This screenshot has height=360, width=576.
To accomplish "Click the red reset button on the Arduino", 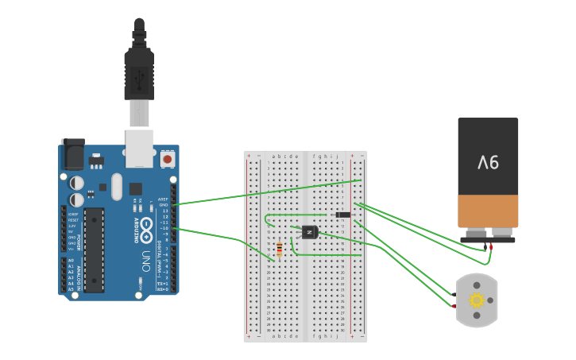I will tap(167, 160).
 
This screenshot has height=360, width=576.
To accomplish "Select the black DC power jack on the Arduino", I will tap(73, 153).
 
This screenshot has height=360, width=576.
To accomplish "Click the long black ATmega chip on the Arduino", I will tap(94, 250).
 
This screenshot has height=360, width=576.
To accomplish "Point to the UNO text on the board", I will tap(146, 261).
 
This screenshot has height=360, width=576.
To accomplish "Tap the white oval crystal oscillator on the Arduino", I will tap(117, 187).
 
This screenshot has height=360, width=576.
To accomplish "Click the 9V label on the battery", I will tap(488, 162).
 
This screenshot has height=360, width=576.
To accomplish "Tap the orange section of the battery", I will tap(488, 211).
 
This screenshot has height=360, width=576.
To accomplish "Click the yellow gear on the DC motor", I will tap(477, 300).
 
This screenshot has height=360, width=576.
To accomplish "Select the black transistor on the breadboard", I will tap(309, 231).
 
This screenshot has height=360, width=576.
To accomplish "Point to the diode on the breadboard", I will tap(343, 215).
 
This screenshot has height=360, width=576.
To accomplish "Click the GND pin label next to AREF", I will tap(163, 204).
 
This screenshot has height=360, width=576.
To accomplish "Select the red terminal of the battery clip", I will tap(491, 246).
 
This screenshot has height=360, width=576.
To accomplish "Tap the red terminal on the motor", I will tap(453, 306).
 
